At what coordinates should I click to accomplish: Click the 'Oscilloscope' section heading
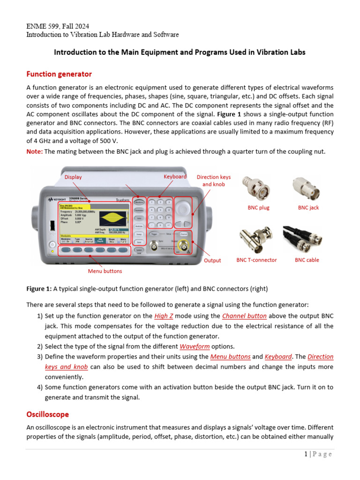pyautogui.click(x=47, y=414)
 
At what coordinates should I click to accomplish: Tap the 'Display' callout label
pyautogui.click(x=73, y=177)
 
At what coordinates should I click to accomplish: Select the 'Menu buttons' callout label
pyautogui.click(x=105, y=271)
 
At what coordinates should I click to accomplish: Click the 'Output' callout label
pyautogui.click(x=212, y=260)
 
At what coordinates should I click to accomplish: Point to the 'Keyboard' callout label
pyautogui.click(x=175, y=176)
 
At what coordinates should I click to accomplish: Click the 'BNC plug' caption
pyautogui.click(x=258, y=207)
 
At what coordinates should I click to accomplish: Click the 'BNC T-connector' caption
pyautogui.click(x=256, y=260)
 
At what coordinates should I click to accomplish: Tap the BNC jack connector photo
pyautogui.click(x=306, y=188)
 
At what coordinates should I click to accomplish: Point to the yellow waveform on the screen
pyautogui.click(x=111, y=217)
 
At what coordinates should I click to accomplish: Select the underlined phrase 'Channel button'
pyautogui.click(x=244, y=316)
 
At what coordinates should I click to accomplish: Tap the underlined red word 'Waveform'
pyautogui.click(x=195, y=346)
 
